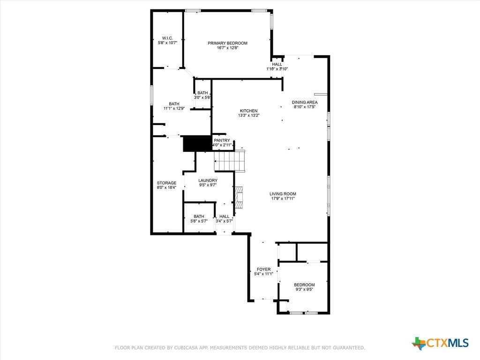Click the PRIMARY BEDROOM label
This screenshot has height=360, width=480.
pos(227,43)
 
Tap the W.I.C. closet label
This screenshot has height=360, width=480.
pos(167,38)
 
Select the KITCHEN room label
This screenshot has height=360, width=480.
pos(248,111)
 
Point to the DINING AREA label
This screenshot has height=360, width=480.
pos(305,102)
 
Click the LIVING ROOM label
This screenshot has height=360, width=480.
pos(283,194)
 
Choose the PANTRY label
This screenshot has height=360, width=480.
pos(222,141)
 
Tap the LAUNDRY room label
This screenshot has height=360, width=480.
pos(208,180)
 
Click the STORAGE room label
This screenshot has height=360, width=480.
pos(166,183)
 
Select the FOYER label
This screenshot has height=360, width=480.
pos(263,270)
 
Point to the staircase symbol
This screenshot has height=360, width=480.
pos(230,161)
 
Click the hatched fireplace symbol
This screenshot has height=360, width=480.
pos(239,198)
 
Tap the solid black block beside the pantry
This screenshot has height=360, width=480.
pos(197,143)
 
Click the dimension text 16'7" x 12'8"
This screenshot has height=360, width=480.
pos(227,48)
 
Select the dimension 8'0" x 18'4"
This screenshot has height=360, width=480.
pos(166,187)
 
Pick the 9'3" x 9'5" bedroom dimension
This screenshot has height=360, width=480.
pos(304,289)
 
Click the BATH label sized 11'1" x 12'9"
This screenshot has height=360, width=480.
pos(174,104)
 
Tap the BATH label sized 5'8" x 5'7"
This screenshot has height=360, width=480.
pos(199,217)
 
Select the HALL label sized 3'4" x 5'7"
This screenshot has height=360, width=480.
pos(225,217)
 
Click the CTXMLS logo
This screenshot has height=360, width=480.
pos(441,343)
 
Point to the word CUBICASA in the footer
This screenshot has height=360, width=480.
pos(186,348)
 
